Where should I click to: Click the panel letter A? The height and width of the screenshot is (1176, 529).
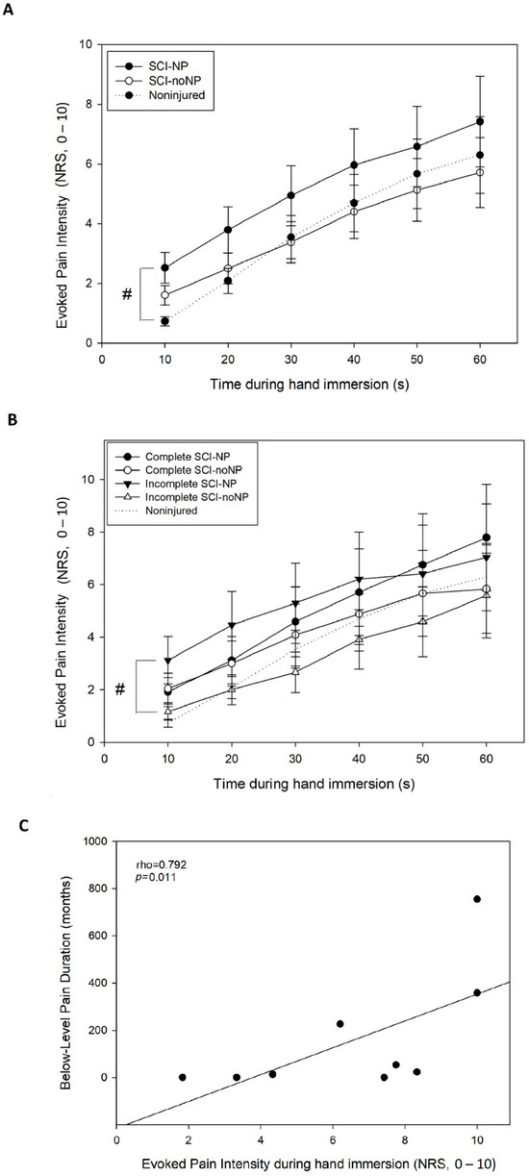(9, 9)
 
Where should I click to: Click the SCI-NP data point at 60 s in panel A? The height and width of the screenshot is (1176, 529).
(480, 121)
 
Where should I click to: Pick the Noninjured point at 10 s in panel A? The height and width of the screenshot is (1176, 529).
(139, 321)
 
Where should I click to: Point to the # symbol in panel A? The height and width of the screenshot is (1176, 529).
(127, 293)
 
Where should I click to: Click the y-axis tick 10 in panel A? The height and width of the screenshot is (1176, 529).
(87, 44)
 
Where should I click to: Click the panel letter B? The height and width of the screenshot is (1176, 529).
(9, 420)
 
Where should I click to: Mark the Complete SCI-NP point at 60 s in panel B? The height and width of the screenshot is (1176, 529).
(487, 538)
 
